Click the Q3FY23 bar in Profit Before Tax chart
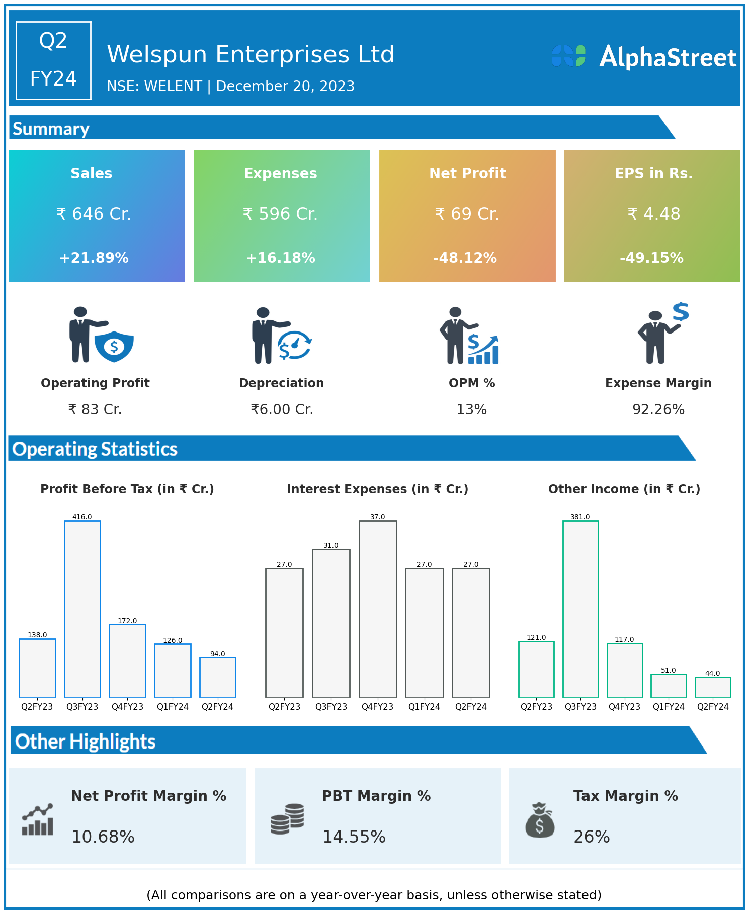point(82,609)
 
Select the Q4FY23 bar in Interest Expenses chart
point(378,609)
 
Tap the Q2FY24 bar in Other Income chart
point(713,687)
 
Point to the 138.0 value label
point(37,635)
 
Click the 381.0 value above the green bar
point(580,517)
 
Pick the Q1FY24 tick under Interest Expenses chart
point(424,707)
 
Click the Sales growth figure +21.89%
point(94,258)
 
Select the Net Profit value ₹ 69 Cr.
point(467,214)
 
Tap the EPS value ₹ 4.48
point(653,214)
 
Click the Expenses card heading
point(281,173)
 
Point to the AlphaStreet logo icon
point(568,56)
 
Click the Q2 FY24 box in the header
point(53,60)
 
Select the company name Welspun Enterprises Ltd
point(251,55)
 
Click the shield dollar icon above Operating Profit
point(114,346)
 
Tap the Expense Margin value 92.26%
point(658,410)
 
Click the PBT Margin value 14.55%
point(354,837)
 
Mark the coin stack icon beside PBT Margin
point(287,819)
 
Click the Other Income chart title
point(624,489)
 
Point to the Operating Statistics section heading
point(95,449)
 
